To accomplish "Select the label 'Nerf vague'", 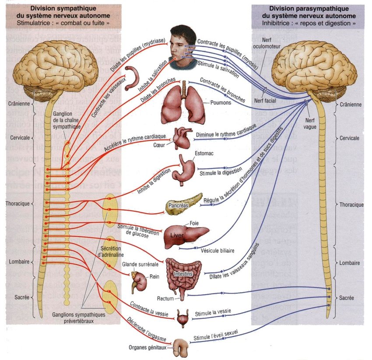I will (x=310, y=122).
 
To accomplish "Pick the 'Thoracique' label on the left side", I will (x=18, y=204).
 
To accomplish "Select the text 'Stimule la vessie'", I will (x=213, y=313).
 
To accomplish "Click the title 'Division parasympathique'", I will (x=303, y=9).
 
